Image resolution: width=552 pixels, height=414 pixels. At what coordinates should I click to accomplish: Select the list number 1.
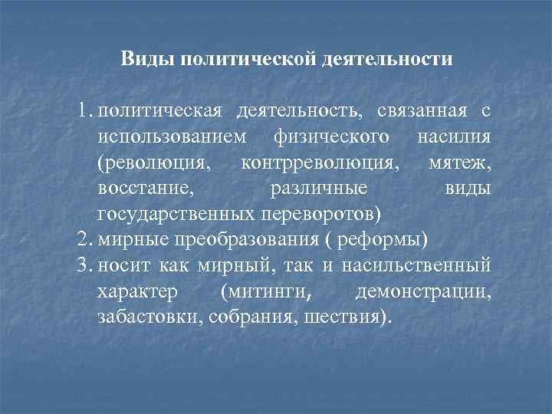coord(84,112)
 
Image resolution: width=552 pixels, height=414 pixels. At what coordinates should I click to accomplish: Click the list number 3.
coord(84,266)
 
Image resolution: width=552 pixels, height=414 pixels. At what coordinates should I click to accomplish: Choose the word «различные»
coord(319,189)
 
